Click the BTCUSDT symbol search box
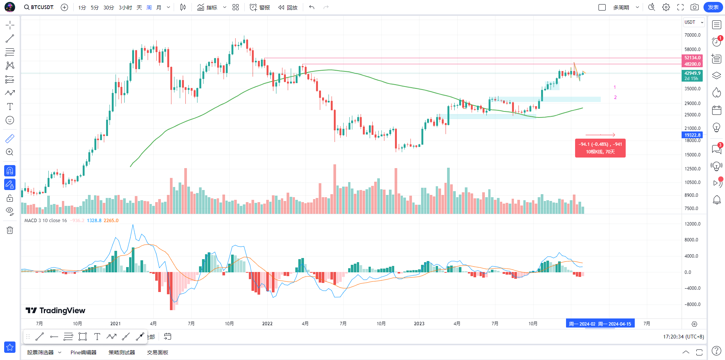tap(39, 7)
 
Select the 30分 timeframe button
tap(109, 8)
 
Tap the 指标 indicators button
tap(207, 8)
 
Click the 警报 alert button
tap(260, 8)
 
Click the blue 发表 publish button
tap(713, 7)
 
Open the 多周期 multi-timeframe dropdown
tap(626, 8)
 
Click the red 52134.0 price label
tap(693, 58)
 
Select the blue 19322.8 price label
tap(693, 135)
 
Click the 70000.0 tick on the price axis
tap(693, 35)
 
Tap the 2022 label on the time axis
tap(267, 324)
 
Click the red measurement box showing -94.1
tap(600, 148)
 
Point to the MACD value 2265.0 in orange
tap(111, 221)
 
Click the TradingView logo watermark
tap(56, 311)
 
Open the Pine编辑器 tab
tap(83, 352)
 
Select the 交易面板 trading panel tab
tap(157, 352)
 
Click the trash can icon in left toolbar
tap(10, 230)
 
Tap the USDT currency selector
tap(694, 22)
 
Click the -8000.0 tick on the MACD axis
tap(693, 304)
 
